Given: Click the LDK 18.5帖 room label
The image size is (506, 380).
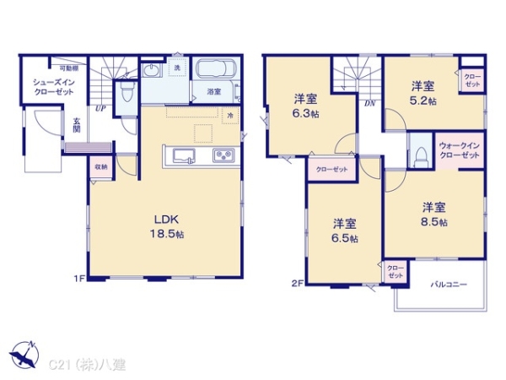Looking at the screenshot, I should coord(169,225).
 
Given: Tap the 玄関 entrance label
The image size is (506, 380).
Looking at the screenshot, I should coord(76,125).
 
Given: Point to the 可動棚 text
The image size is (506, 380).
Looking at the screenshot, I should coord(68,68).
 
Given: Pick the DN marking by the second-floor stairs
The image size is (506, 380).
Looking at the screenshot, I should coord(369,104).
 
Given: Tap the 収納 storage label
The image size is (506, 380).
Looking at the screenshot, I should coord(100,167).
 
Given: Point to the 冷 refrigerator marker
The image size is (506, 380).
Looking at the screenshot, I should coord(230,114).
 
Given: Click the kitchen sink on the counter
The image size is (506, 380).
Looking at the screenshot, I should coord(185,155).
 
